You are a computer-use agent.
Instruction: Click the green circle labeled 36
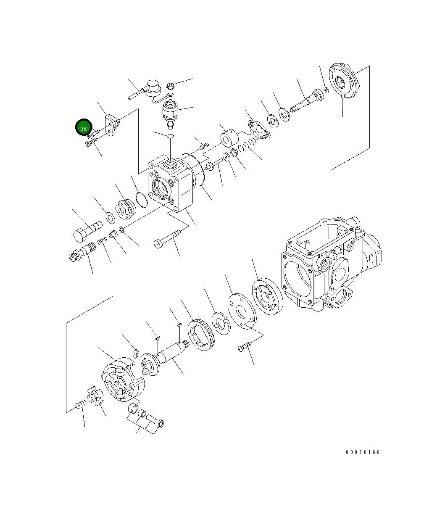click(84, 128)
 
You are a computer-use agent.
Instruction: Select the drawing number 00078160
click(363, 452)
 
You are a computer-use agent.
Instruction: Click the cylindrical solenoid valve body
click(171, 112)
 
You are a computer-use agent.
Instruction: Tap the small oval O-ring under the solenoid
click(170, 136)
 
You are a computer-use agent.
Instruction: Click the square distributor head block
click(170, 183)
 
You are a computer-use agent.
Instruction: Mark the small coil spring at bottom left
click(81, 405)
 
